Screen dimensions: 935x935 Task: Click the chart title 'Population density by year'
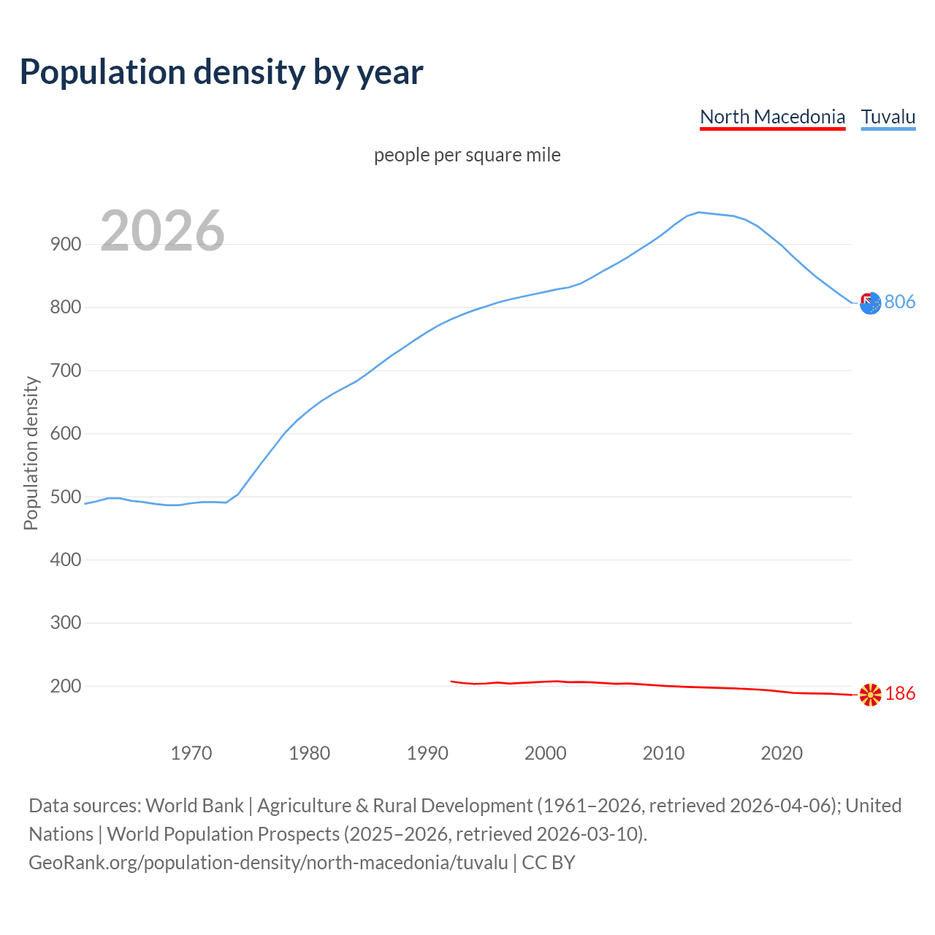pos(221,72)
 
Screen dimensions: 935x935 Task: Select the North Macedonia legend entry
pos(772,117)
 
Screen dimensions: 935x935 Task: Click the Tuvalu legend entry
pos(888,117)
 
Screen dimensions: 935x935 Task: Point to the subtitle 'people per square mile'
pos(467,155)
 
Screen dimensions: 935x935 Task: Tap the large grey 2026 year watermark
pos(162,231)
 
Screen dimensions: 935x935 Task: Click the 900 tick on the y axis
pos(66,245)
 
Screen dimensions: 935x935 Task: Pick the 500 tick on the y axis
pos(66,497)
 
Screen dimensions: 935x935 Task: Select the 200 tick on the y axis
pos(66,687)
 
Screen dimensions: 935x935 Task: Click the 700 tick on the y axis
pos(66,371)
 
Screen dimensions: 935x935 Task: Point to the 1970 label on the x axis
pos(191,753)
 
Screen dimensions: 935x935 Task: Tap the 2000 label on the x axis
pos(546,753)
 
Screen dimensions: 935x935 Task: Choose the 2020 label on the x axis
pos(782,753)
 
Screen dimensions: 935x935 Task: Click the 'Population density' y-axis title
pos(31,453)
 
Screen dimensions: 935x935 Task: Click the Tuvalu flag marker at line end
pos(870,303)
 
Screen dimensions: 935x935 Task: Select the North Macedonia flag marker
pos(870,695)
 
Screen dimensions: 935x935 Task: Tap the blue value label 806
pos(900,302)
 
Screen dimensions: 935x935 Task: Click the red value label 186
pos(900,694)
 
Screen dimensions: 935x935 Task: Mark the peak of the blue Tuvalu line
pos(699,213)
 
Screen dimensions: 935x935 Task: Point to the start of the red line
pos(451,681)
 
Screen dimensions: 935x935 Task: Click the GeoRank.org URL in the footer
pos(268,863)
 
